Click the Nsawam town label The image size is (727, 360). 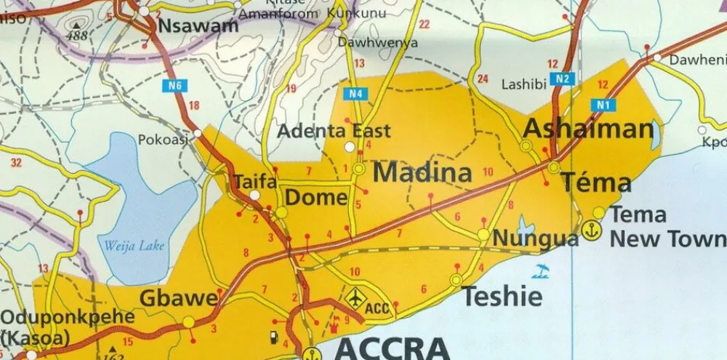click(198, 26)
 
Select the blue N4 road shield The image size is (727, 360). click(355, 93)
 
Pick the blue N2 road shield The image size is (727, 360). click(563, 79)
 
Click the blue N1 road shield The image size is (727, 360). click(603, 105)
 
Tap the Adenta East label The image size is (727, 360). click(334, 132)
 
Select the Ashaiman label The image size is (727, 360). click(588, 129)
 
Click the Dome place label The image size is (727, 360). click(316, 198)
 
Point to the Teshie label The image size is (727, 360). click(502, 296)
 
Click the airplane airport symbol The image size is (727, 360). click(355, 297)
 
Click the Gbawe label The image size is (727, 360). click(179, 298)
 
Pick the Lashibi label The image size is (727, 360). click(523, 84)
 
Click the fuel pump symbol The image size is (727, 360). click(273, 336)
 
